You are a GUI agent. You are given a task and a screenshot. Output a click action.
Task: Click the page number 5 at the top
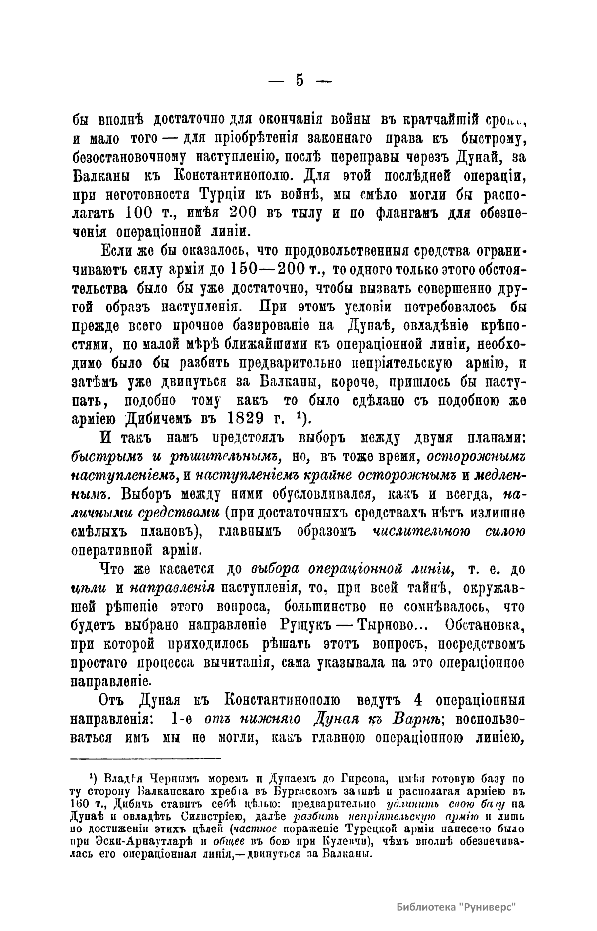(299, 80)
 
